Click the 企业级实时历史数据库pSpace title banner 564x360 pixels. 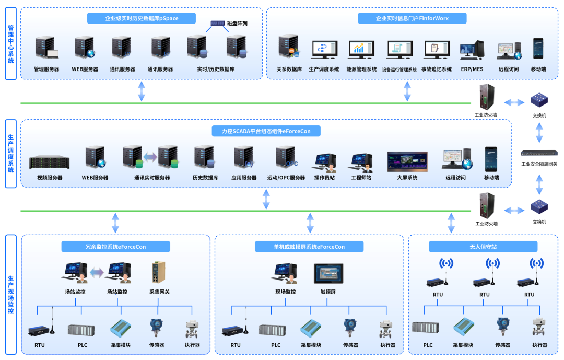click(x=142, y=18)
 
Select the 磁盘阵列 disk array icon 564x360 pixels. click(x=218, y=24)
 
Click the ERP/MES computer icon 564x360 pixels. click(x=472, y=50)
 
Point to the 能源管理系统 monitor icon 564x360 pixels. click(x=361, y=50)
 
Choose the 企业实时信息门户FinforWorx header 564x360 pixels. click(x=412, y=18)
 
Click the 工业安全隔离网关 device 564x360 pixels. click(x=539, y=153)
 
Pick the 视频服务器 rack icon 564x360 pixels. click(x=50, y=162)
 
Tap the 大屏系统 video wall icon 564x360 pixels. click(x=407, y=161)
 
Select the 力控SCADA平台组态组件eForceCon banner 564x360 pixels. click(x=266, y=131)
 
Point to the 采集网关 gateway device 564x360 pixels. click(x=159, y=273)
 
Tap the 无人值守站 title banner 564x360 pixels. click(x=483, y=247)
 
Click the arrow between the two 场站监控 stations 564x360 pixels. click(x=97, y=273)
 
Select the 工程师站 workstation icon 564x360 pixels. click(x=361, y=162)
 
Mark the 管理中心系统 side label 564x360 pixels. click(x=11, y=43)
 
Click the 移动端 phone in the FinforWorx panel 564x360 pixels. click(x=538, y=49)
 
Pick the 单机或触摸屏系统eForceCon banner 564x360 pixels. click(x=309, y=247)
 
